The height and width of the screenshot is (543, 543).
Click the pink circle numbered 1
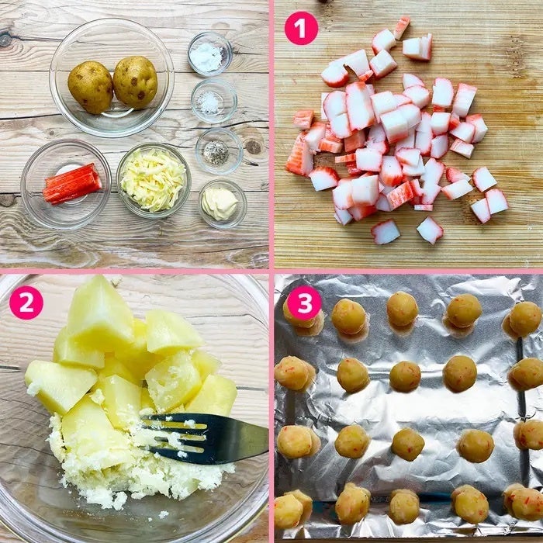(301, 29)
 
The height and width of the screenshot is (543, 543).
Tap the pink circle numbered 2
(26, 303)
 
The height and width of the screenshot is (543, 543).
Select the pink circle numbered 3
(304, 303)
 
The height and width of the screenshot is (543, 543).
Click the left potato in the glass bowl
(91, 87)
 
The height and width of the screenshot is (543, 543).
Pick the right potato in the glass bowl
(135, 81)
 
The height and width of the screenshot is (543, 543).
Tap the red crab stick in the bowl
(72, 184)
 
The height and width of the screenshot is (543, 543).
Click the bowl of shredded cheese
(154, 180)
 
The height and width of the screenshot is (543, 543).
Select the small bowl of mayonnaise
(222, 203)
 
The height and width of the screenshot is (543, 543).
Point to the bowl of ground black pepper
(219, 150)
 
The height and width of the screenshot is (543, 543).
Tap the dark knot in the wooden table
(254, 147)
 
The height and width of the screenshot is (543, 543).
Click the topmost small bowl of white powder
(210, 54)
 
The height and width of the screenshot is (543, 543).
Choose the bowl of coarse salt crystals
(213, 101)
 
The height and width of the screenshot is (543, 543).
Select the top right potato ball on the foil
(524, 319)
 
